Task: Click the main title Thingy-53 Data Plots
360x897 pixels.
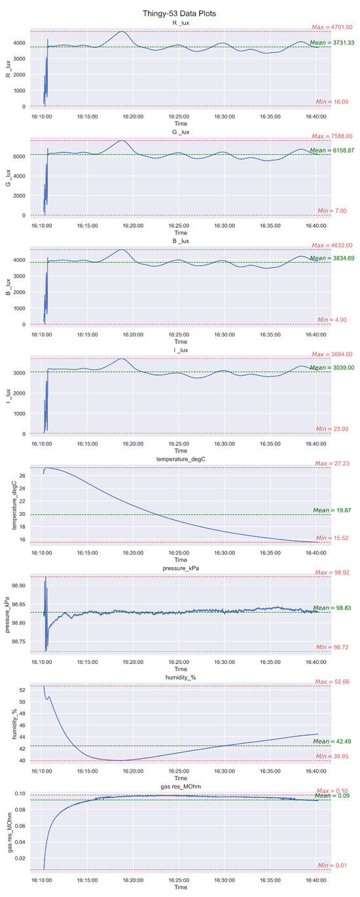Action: (x=180, y=12)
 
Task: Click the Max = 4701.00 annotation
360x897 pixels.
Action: (x=332, y=27)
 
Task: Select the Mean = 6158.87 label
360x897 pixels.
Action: (x=331, y=151)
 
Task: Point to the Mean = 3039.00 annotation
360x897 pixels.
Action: (x=331, y=368)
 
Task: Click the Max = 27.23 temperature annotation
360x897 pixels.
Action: (x=333, y=464)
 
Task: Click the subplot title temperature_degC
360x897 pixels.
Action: (x=180, y=460)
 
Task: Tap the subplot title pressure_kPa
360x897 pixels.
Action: (x=180, y=569)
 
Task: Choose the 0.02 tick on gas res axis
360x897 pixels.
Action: (x=20, y=858)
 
